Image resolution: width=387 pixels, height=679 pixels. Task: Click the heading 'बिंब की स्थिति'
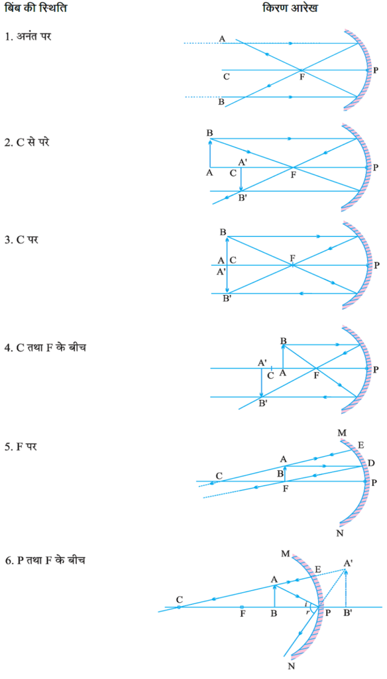click(x=36, y=8)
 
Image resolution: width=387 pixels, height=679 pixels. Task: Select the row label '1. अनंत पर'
click(x=28, y=36)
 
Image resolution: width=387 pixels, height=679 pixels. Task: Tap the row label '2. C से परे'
click(x=27, y=142)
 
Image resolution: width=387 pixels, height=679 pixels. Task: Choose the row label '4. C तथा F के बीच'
click(x=46, y=347)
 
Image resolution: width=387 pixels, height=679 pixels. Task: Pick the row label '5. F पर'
click(x=21, y=446)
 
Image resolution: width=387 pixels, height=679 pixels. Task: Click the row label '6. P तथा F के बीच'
click(x=45, y=560)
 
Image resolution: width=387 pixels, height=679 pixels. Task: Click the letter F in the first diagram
click(x=302, y=78)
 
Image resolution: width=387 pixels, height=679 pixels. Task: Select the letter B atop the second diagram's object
click(x=209, y=133)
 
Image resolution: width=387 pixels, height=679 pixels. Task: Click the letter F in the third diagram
click(x=293, y=258)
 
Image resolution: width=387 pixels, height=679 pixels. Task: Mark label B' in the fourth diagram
click(x=262, y=404)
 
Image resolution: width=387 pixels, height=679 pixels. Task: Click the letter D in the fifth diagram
click(x=371, y=463)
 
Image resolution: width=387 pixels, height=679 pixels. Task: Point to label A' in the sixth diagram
click(x=347, y=564)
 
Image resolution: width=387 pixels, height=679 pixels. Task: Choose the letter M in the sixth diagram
click(x=285, y=554)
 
